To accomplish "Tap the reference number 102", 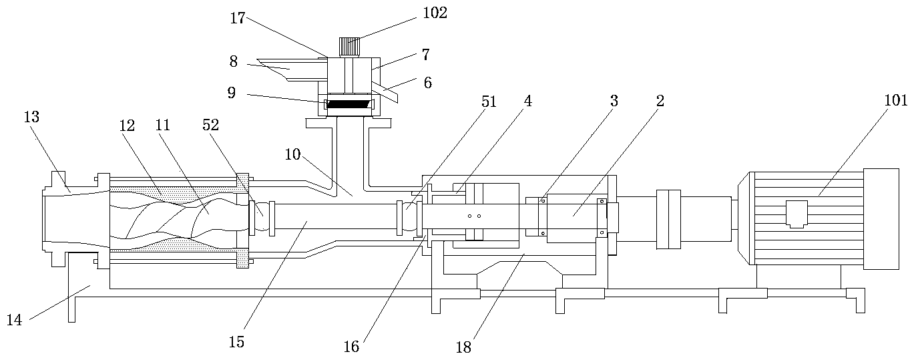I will (434, 13).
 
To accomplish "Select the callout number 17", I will (238, 18).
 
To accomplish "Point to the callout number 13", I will (31, 118).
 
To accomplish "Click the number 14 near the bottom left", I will (14, 320).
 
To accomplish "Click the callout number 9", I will (231, 93).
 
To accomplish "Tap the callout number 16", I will (351, 347).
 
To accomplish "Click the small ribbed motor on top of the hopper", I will (349, 47).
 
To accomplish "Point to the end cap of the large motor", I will (881, 218).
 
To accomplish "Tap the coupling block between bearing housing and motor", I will (668, 219).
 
